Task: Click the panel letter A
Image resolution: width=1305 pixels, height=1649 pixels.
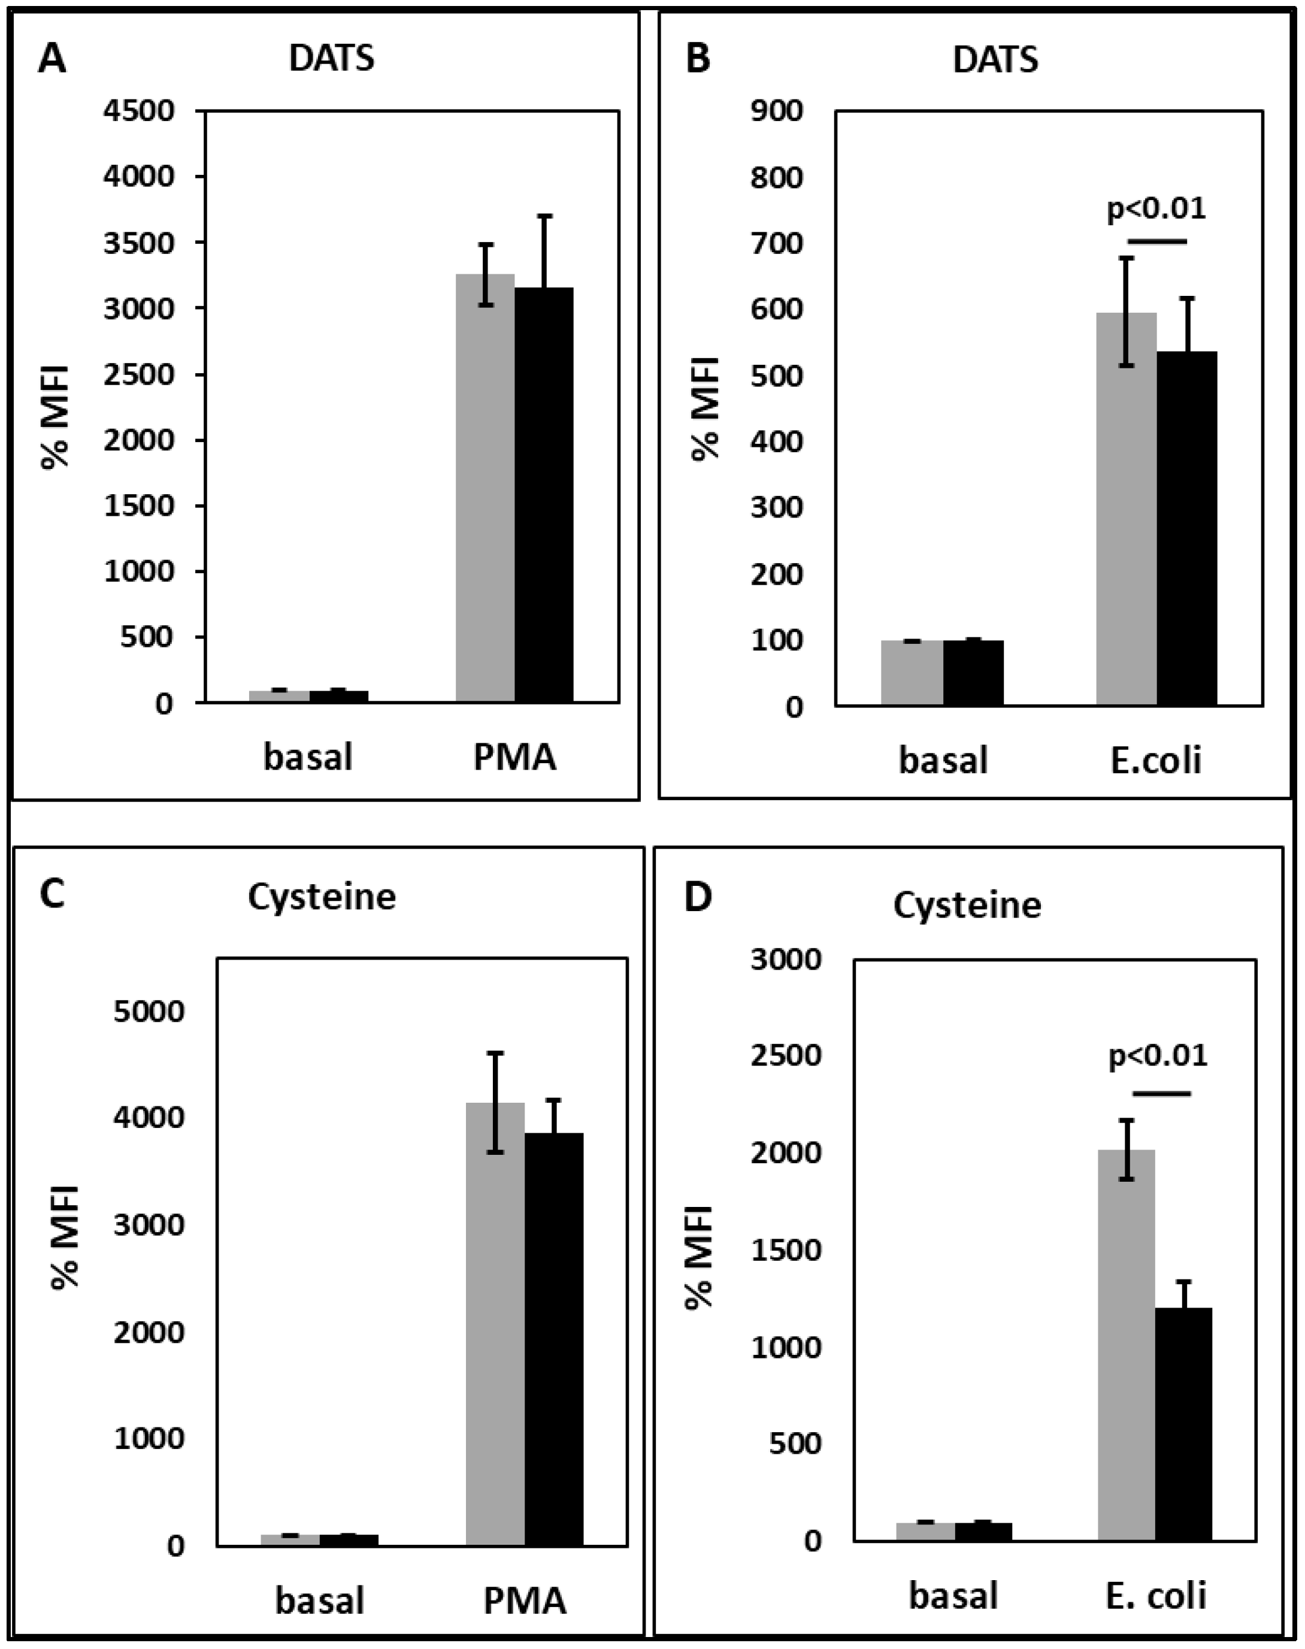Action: pos(52,59)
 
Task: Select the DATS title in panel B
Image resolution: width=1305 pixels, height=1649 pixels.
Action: pos(995,59)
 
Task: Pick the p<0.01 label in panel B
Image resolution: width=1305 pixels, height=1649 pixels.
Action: pos(1156,208)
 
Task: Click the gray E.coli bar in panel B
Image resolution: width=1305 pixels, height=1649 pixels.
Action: pos(1126,508)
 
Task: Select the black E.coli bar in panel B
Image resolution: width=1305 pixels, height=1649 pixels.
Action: pos(1186,527)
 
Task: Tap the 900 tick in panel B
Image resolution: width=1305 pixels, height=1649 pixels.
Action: pos(777,111)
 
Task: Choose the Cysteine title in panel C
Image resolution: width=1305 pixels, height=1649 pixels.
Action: pos(322,896)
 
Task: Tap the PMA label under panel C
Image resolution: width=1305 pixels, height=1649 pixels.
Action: pos(525,1599)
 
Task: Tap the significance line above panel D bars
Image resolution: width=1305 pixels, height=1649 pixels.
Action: pos(1161,1094)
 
